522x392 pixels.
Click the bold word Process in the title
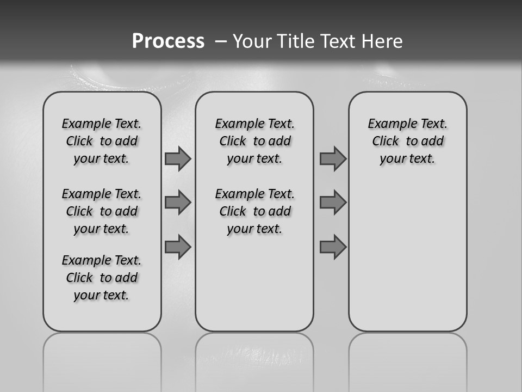click(x=168, y=41)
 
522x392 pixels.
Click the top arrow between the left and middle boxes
click(x=178, y=159)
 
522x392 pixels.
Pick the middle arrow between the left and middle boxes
click(x=178, y=203)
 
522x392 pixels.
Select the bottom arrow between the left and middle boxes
click(x=178, y=247)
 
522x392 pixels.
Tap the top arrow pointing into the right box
click(x=333, y=159)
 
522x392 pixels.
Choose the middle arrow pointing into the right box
click(x=333, y=203)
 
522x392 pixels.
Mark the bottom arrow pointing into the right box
click(x=333, y=247)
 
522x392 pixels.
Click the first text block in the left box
click(x=102, y=141)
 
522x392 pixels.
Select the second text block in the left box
click(x=102, y=211)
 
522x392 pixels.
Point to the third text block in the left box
click(x=102, y=278)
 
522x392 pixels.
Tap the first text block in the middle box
click(x=254, y=141)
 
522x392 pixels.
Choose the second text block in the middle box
click(x=254, y=211)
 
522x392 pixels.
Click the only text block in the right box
click(x=408, y=141)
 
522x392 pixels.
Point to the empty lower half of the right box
click(x=408, y=256)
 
